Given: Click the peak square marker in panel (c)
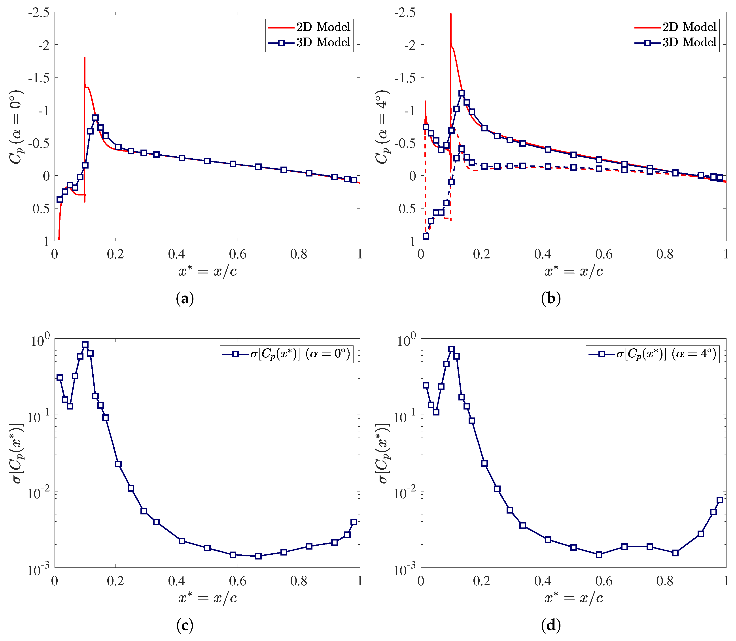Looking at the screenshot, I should click(85, 345).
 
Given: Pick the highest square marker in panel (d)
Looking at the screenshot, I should click(451, 349).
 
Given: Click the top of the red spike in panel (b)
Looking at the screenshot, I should click(451, 14).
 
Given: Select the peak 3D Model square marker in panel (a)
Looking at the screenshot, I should click(95, 118).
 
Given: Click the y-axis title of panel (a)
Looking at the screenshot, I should click(16, 127).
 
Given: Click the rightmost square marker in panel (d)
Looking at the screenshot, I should click(720, 500).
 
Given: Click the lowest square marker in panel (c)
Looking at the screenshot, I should click(258, 556).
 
